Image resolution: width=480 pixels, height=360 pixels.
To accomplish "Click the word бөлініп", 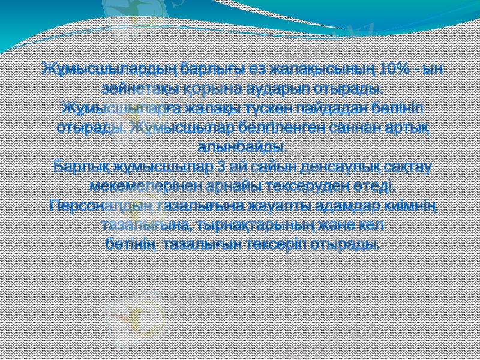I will click(x=403, y=109).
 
